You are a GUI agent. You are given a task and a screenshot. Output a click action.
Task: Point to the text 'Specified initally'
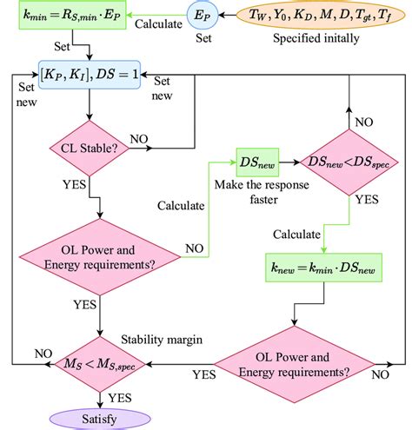(318, 39)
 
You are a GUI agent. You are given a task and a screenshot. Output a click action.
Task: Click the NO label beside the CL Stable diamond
(139, 138)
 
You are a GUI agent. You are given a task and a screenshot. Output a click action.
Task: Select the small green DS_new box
(256, 162)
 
